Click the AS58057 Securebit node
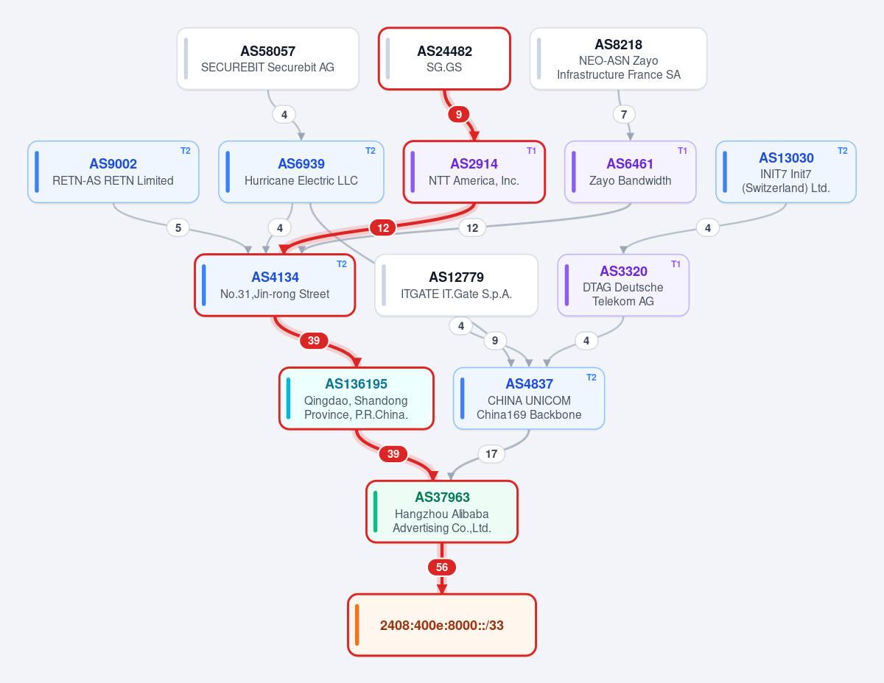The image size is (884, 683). (x=267, y=58)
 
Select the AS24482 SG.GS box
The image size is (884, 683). (x=444, y=58)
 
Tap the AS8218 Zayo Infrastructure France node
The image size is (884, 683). (x=618, y=58)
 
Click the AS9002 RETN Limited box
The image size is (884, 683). (x=113, y=172)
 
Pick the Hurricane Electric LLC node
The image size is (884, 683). (x=301, y=172)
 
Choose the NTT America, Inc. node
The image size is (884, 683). (x=474, y=172)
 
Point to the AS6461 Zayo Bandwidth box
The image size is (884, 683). (x=630, y=172)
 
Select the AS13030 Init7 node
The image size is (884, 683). (x=786, y=172)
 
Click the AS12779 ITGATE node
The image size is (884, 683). (x=456, y=286)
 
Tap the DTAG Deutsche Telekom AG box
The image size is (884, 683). (x=623, y=286)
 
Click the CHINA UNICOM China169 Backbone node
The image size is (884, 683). (x=529, y=399)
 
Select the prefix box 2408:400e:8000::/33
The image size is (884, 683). (x=442, y=625)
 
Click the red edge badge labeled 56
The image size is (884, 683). (x=442, y=567)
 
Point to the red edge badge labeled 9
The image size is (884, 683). (x=459, y=115)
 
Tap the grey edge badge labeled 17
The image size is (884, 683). (x=491, y=454)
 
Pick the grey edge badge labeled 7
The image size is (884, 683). (x=624, y=115)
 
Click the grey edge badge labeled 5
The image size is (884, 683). (x=178, y=228)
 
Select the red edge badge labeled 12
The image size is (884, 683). (x=383, y=228)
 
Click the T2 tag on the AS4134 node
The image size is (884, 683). (x=342, y=264)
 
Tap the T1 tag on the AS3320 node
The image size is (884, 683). (x=676, y=264)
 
